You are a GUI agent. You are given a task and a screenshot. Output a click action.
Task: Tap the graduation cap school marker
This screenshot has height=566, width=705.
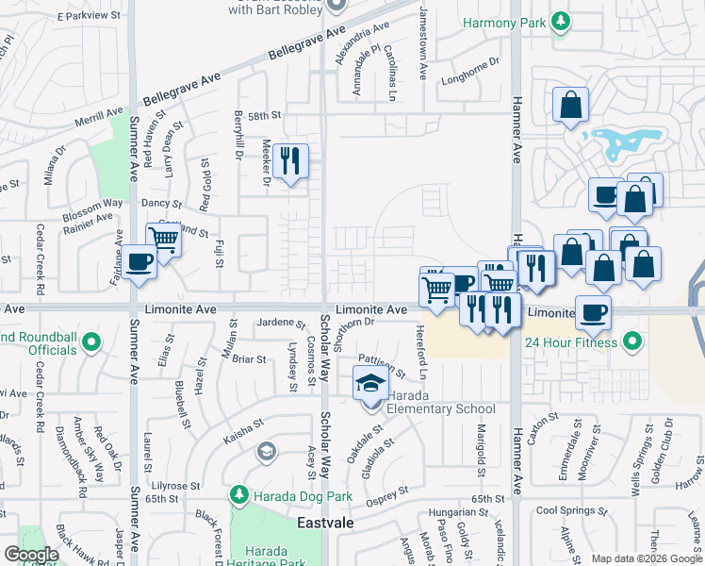point(369,383)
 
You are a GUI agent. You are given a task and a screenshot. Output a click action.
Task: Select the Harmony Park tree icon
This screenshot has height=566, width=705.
point(562,20)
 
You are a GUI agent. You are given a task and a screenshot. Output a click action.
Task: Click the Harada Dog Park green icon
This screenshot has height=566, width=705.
point(239,494)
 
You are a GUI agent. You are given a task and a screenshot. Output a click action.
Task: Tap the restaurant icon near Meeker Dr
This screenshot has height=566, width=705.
point(290,160)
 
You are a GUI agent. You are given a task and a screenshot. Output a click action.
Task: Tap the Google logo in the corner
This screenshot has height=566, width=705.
point(31,555)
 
